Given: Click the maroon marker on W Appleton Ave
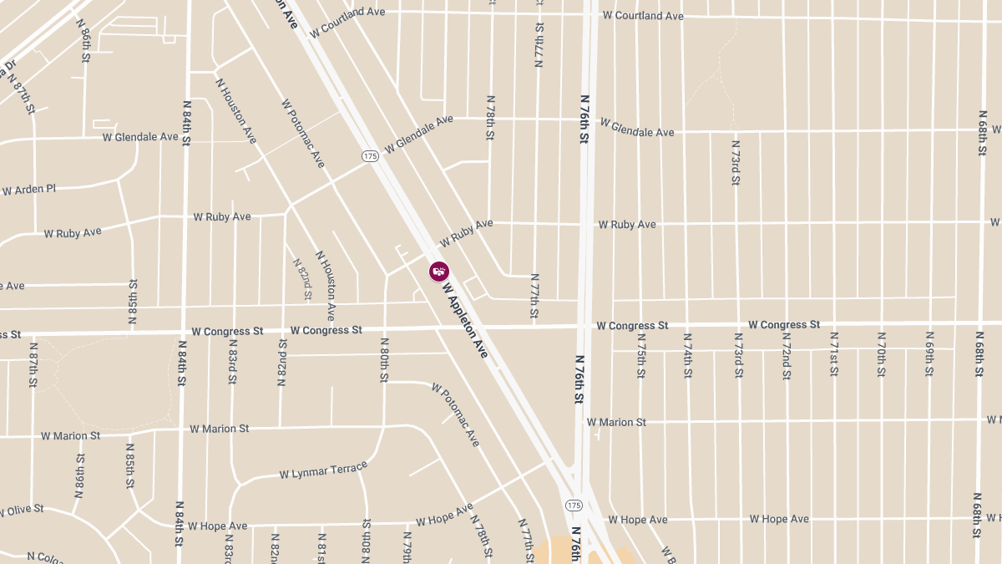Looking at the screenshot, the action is coord(439,272).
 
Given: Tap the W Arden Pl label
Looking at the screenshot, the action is coord(28,190).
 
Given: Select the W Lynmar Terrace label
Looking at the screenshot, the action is coord(323,471).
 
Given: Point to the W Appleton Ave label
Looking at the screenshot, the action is coord(465,321).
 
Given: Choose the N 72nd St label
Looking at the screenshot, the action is coord(786,356).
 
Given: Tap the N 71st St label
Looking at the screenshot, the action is coord(833,354).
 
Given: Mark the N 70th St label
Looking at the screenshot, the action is coord(881,354).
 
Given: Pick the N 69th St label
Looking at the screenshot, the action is coord(929,354).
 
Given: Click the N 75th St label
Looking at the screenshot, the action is coord(641,356).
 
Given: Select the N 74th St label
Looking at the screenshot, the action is coord(688,356).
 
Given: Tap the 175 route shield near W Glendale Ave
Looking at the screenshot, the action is coord(371,156).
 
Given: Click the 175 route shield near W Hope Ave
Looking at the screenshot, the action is coord(573,506).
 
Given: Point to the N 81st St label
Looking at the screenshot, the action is coord(321,547).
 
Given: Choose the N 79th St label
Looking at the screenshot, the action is coord(407,547).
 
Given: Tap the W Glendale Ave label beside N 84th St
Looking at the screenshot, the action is coord(140,136).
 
